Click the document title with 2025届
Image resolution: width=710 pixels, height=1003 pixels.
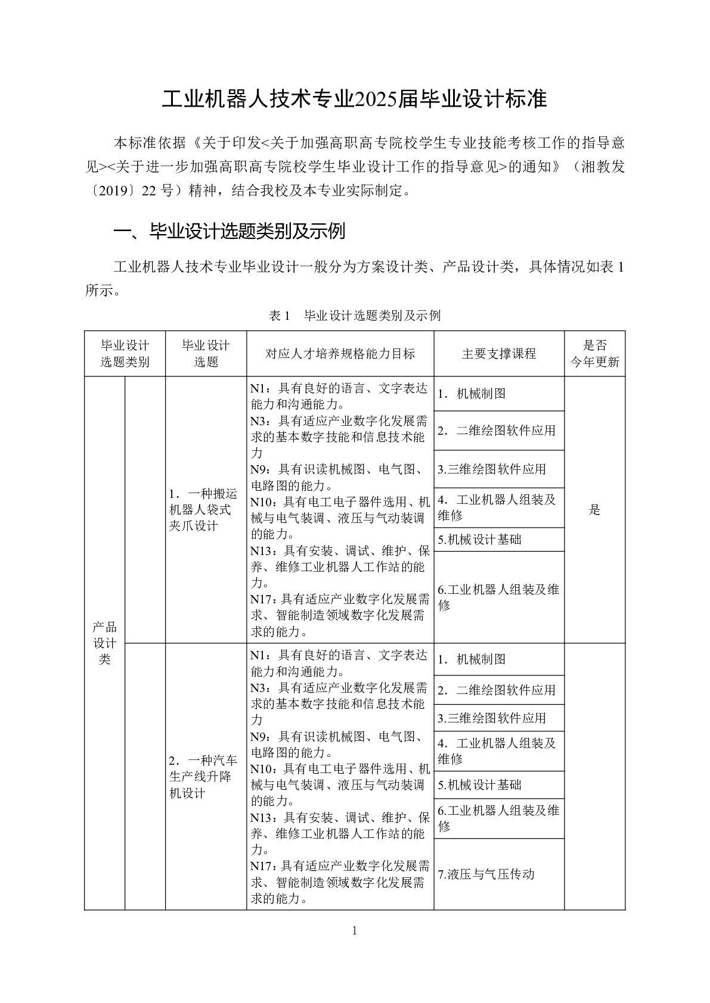point(355,99)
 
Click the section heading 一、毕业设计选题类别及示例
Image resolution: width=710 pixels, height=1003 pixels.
point(230,231)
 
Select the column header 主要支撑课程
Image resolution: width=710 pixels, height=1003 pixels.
point(498,354)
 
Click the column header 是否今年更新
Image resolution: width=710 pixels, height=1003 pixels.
point(594,354)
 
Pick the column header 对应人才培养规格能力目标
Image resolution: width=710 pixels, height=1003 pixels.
point(340,354)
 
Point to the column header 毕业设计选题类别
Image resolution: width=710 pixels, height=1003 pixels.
point(125,354)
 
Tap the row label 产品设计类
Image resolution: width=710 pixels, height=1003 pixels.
point(104,643)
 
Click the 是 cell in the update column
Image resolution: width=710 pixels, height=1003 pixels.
point(594,510)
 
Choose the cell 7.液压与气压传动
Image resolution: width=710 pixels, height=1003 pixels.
point(486,874)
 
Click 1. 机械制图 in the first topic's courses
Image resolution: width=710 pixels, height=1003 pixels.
point(472,394)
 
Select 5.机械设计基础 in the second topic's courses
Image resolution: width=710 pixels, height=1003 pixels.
point(480,785)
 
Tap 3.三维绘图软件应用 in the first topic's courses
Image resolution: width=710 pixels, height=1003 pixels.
point(492,469)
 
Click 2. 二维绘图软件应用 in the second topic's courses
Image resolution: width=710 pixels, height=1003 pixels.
point(497,690)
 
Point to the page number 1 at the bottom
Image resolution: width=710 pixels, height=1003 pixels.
point(355,931)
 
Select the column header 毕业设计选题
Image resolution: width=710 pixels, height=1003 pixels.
point(206,354)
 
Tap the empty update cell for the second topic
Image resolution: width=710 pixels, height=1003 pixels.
point(594,777)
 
